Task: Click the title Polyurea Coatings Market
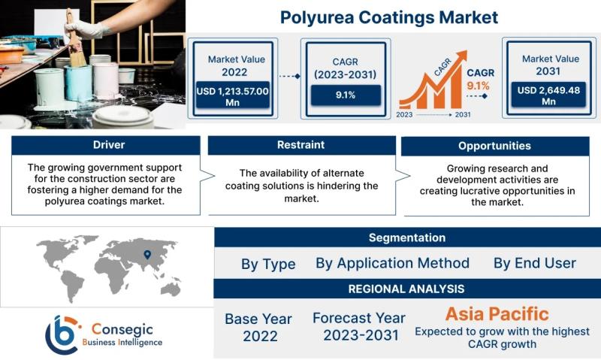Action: click(389, 17)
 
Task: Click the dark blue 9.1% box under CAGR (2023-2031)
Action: click(346, 95)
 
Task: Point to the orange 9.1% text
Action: click(478, 86)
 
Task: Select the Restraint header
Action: click(302, 145)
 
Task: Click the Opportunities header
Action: click(495, 146)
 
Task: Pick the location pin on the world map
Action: click(147, 254)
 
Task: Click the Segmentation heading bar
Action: click(407, 237)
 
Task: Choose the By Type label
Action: click(268, 264)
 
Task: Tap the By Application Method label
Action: click(392, 263)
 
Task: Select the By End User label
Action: click(535, 263)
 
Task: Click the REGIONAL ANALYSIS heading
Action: click(406, 289)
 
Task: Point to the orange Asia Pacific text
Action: click(497, 314)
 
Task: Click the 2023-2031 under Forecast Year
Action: click(361, 335)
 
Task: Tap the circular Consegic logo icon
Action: click(62, 334)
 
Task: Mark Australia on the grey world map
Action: click(171, 289)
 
